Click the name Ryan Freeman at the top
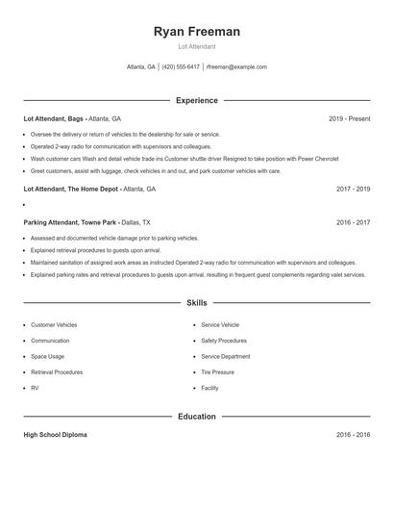pyautogui.click(x=197, y=32)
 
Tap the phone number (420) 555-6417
pyautogui.click(x=181, y=67)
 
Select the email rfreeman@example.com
pyautogui.click(x=236, y=67)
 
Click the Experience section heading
pyautogui.click(x=197, y=100)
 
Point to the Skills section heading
pyautogui.click(x=197, y=303)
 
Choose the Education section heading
pyautogui.click(x=197, y=417)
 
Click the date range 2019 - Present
pyautogui.click(x=349, y=118)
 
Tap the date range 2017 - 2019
pyautogui.click(x=354, y=190)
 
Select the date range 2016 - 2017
pyautogui.click(x=354, y=222)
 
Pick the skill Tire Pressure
pyautogui.click(x=218, y=371)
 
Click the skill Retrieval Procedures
pyautogui.click(x=57, y=371)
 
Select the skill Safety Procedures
pyautogui.click(x=224, y=341)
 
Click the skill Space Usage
pyautogui.click(x=48, y=356)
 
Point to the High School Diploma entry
pyautogui.click(x=55, y=435)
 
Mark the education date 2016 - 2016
pyautogui.click(x=354, y=435)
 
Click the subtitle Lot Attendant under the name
pyautogui.click(x=197, y=47)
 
